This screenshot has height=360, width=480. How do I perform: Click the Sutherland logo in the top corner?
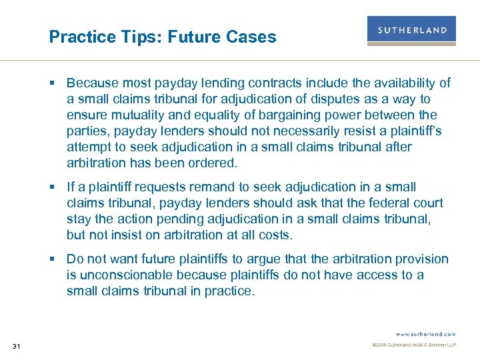tap(411, 31)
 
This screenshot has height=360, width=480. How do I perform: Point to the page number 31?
tap(17, 345)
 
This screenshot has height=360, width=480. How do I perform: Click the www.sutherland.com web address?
tap(425, 333)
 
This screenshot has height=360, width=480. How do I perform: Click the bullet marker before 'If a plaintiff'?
tap(58, 187)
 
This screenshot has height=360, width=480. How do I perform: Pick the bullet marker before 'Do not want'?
tap(58, 259)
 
